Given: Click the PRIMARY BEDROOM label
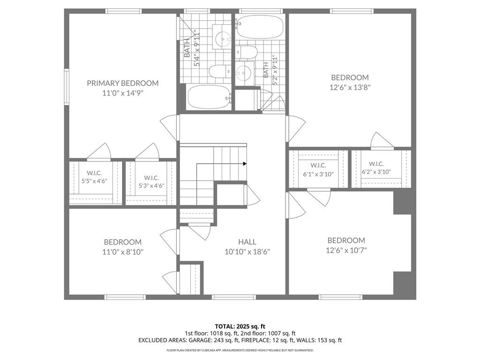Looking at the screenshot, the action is coord(123,83).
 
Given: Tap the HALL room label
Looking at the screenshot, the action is coord(247,242).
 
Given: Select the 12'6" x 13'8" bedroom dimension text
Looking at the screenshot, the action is coord(350,87).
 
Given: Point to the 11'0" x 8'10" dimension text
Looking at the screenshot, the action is coord(123,252).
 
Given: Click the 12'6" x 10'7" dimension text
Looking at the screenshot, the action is coord(346,250).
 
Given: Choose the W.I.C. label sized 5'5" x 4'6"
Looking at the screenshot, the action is coord(94,173).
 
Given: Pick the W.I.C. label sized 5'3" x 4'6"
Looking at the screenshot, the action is coord(151,178).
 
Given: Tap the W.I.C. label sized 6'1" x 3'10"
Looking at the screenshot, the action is coord(318,165).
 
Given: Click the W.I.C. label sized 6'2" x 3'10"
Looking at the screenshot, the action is coord(376,164).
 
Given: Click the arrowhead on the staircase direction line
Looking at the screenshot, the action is coord(245,164).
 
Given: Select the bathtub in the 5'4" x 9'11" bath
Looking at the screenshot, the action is coord(209,97).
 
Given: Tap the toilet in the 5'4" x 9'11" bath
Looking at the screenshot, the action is coord(217,72).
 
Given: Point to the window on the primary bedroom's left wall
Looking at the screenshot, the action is coord(67,87).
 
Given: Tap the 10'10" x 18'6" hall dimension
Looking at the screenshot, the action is coord(247,252).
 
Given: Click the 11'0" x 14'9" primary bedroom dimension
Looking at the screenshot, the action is coord(123,93).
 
